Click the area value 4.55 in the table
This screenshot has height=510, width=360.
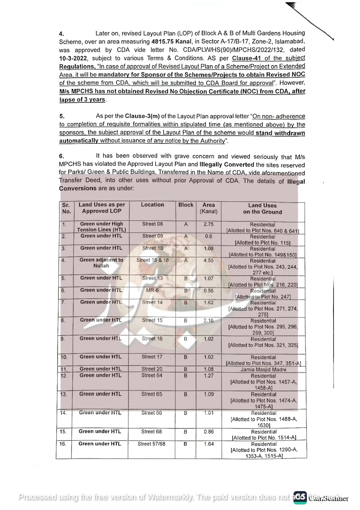pos(208,260)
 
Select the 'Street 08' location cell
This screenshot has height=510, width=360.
pos(152,224)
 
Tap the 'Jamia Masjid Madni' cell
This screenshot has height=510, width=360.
pos(263,370)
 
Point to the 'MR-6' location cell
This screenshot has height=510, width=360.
pos(152,290)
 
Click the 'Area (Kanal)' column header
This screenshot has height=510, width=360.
pos(208,208)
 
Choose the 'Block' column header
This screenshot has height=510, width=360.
pos(186,205)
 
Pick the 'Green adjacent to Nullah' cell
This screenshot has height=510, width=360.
pos(101,263)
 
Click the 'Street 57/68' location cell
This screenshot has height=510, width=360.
pos(151,444)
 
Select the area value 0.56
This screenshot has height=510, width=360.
pos(208,291)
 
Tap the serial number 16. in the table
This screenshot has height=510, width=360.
pos(63,444)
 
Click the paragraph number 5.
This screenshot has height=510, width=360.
pos(62,116)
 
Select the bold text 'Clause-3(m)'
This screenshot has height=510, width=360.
pos(142,116)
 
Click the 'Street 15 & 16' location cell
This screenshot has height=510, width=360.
pos(152,260)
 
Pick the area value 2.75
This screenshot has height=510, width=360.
pos(208,224)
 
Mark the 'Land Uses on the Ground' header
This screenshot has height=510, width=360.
pos(262,209)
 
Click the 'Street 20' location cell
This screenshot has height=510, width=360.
pos(152,369)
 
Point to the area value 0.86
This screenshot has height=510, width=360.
pos(208,432)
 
